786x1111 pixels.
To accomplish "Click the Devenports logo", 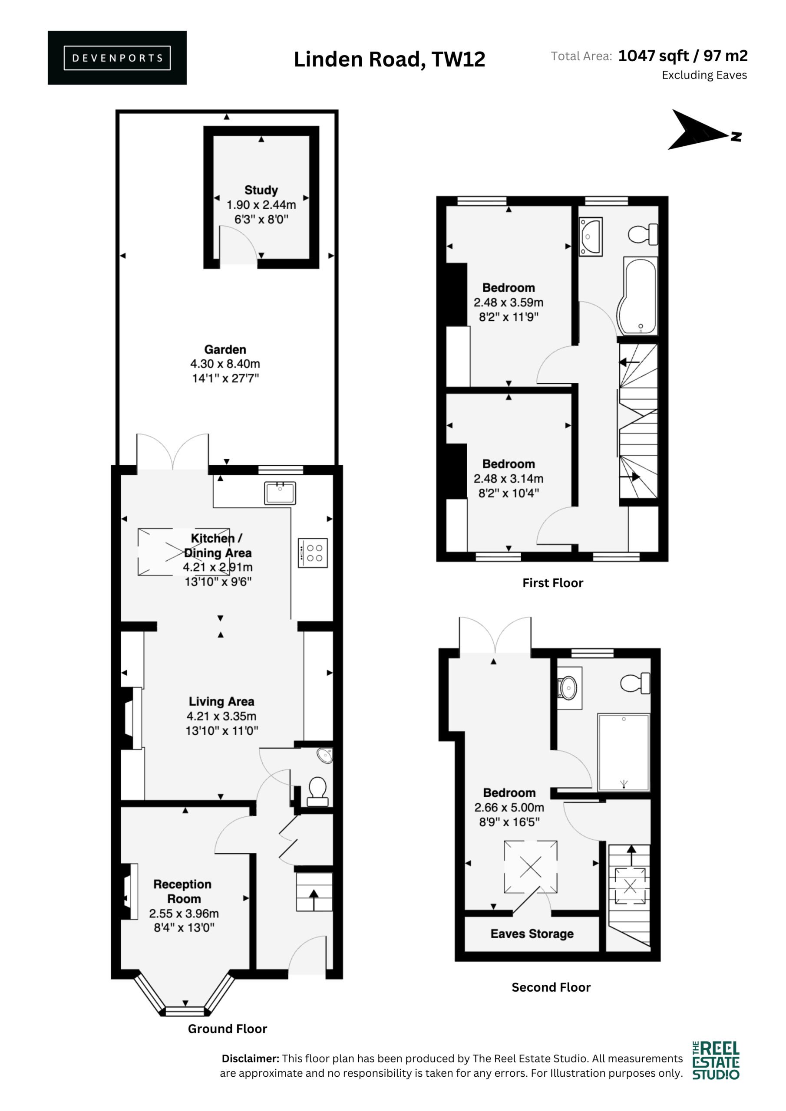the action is pos(117,58).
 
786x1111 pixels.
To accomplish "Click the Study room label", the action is pos(261,190).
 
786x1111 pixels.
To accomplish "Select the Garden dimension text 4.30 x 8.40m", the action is pos(225,363).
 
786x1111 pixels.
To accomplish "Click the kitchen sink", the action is pos(280,493).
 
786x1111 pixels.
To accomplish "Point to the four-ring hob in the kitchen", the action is pos(313,552).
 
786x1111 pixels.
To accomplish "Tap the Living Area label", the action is pos(221,701).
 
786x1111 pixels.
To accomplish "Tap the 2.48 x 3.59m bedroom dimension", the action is pos(509,302).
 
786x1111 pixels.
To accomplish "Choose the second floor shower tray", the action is pos(624,752).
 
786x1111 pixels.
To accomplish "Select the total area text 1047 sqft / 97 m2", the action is pos(683,56).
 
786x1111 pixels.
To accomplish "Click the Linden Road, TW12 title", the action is pos(390,59).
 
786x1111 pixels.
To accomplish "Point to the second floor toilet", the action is pos(635,683).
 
